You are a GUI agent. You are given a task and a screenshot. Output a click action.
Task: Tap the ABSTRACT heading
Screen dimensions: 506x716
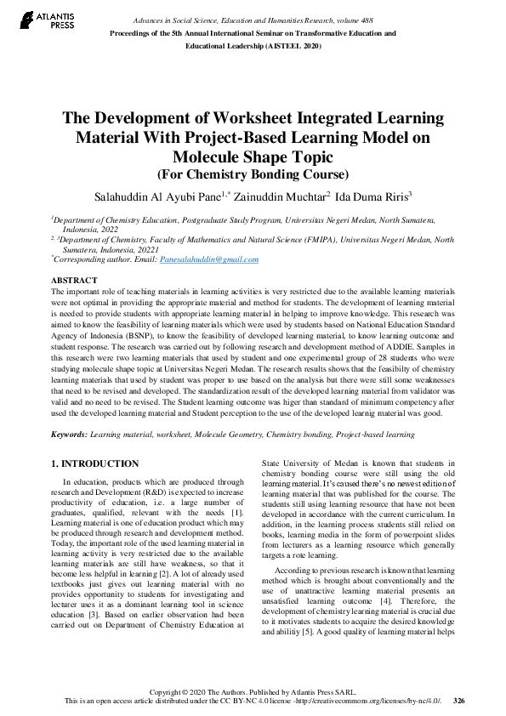click(74, 280)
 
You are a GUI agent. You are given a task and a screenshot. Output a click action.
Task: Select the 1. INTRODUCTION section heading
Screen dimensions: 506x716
click(94, 463)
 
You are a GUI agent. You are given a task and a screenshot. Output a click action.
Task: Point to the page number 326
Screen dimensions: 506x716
click(459, 701)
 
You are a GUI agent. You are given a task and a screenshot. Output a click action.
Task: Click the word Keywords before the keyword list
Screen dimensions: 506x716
click(69, 435)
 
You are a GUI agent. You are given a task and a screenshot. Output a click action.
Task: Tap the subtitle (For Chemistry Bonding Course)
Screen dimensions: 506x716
click(253, 174)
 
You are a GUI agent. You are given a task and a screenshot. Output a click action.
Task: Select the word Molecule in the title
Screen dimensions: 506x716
click(208, 157)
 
